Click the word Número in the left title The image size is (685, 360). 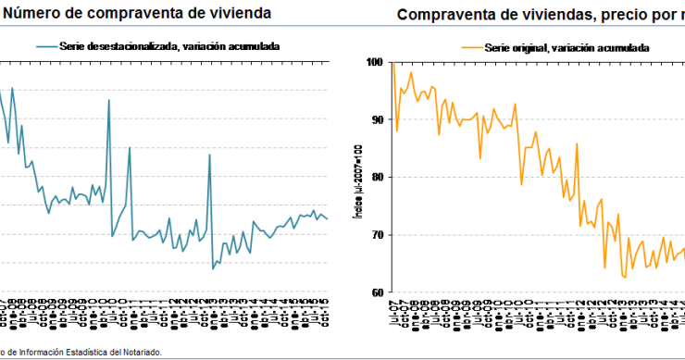33,14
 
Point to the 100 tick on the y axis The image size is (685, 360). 374,62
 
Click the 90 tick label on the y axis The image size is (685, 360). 377,119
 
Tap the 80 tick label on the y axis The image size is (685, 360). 377,177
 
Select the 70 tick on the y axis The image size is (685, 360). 377,235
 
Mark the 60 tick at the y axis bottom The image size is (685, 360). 377,292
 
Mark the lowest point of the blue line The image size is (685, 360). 214,268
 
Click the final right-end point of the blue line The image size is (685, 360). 327,218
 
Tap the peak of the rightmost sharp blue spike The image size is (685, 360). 209,155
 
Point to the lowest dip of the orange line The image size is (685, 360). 625,278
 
